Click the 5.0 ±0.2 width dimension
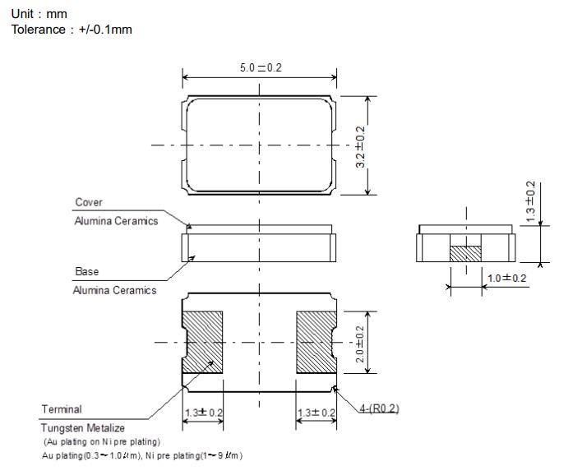pos(260,67)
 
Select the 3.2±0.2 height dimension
pos(360,145)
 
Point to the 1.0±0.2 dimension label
pos(506,278)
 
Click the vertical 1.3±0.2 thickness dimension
pos(530,200)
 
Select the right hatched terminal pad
pos(316,340)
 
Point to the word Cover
pos(89,202)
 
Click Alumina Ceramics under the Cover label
pos(116,220)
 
